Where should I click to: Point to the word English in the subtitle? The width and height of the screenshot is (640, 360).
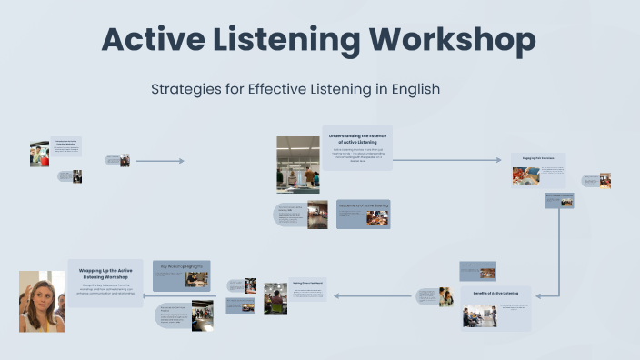tap(414, 90)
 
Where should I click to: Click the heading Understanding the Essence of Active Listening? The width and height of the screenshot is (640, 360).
tap(356, 138)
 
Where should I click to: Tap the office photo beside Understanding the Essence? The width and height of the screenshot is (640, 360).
tap(298, 165)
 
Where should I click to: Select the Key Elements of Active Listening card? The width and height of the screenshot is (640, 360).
tap(364, 214)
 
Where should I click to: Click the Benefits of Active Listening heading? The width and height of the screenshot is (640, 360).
tap(495, 294)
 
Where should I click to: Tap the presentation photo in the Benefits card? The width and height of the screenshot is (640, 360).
tap(480, 316)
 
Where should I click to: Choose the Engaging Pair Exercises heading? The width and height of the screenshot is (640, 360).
tap(538, 158)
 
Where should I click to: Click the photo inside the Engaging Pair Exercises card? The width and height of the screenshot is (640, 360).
tap(525, 175)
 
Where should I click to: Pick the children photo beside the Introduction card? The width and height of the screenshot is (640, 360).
tap(39, 154)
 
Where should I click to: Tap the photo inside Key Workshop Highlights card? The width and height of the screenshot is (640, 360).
tap(196, 279)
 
